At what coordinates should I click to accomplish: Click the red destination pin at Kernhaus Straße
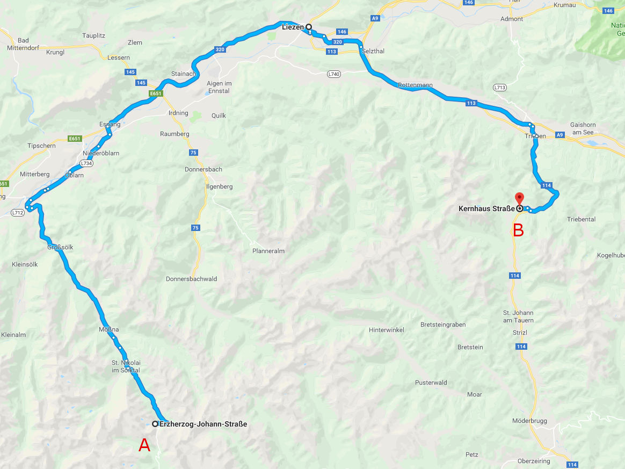[x=519, y=198]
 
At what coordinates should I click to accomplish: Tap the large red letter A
[x=144, y=445]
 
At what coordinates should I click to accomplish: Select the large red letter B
[x=518, y=230]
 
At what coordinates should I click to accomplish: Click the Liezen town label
[x=293, y=26]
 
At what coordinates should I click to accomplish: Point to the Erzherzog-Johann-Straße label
[x=204, y=424]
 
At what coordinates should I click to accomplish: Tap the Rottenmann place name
[x=415, y=85]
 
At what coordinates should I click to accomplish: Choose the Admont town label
[x=511, y=19]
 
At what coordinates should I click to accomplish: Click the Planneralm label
[x=268, y=251]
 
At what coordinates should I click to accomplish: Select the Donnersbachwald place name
[x=191, y=279]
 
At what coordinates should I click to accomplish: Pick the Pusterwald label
[x=431, y=383]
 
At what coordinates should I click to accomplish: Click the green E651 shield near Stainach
[x=156, y=93]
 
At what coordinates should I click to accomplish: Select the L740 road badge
[x=333, y=74]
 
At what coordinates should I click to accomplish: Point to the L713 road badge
[x=500, y=87]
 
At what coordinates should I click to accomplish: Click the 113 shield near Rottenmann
[x=471, y=103]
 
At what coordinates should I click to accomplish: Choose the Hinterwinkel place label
[x=386, y=330]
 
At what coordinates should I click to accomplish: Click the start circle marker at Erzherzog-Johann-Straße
[x=155, y=424]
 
